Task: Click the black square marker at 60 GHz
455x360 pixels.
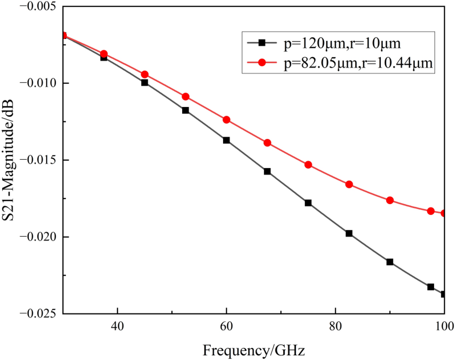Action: point(226,140)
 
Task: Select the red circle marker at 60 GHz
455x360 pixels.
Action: point(226,120)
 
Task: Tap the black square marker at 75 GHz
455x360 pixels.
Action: point(308,203)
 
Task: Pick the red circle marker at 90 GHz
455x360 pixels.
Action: point(390,200)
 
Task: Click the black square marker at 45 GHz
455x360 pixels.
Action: point(145,82)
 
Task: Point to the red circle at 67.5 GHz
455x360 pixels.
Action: point(267,143)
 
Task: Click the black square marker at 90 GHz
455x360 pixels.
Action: point(390,262)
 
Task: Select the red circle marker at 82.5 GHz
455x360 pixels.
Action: point(349,184)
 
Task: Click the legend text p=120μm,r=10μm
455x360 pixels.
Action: point(342,43)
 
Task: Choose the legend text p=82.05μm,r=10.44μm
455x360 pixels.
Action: point(358,63)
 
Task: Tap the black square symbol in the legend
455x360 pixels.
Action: point(262,43)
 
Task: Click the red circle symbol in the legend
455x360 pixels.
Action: point(262,63)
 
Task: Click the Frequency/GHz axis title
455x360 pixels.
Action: point(254,350)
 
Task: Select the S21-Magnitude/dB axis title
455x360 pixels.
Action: point(8,160)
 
